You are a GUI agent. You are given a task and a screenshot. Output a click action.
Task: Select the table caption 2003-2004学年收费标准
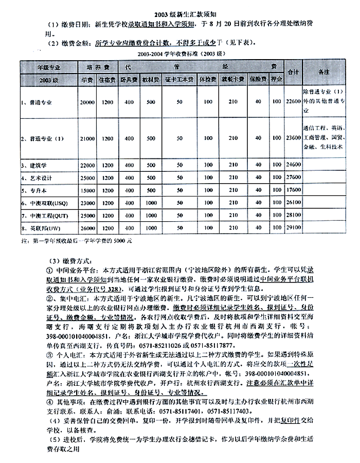179,53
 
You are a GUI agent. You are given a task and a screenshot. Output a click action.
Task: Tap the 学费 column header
86,80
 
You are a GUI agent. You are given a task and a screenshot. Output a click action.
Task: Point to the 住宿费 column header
107,80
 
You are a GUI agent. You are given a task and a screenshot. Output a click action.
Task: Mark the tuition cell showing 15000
87,190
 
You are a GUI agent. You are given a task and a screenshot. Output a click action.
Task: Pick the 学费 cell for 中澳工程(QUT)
87,215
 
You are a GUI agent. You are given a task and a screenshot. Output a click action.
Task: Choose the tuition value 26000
87,227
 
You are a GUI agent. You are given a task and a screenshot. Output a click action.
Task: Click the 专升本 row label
34,190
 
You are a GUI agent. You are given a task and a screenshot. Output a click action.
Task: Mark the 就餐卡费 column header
232,80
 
